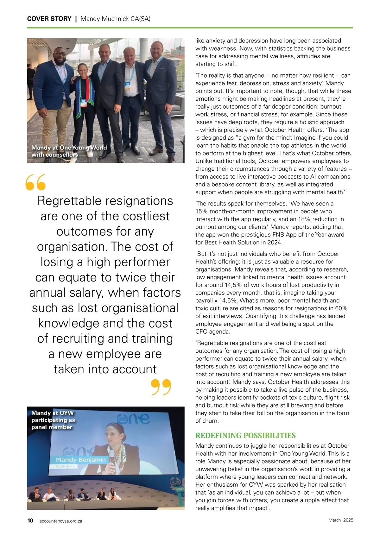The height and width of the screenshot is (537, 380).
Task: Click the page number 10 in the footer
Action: tap(30, 521)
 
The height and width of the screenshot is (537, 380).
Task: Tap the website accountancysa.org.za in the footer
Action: tap(60, 521)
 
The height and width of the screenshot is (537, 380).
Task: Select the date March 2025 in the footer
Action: tap(340, 520)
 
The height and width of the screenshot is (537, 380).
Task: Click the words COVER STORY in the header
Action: tap(49, 19)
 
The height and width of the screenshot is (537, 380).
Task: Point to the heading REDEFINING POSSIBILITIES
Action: tap(245, 435)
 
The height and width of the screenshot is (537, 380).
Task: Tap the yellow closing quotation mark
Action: tap(161, 387)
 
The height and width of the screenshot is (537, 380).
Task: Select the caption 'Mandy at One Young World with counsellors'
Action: tap(69, 151)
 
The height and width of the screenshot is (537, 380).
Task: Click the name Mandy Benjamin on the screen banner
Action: tap(81, 459)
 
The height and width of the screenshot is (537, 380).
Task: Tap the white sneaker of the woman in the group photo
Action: tap(90, 154)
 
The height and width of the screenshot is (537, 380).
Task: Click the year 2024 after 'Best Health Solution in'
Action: tap(275, 243)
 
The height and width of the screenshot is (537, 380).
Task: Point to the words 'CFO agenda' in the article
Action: tap(212, 332)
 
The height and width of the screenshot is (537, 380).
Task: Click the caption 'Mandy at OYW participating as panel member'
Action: tap(53, 420)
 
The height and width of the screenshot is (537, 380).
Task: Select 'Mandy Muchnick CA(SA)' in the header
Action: tap(115, 19)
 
